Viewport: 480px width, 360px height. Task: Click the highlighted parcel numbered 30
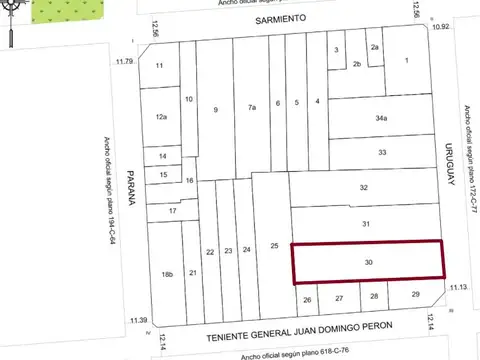368,262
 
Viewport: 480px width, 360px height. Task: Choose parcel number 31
366,224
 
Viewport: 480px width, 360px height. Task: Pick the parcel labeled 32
364,188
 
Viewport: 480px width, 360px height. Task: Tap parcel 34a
381,118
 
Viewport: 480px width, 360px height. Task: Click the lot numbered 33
382,152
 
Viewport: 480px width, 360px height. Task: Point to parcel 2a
375,47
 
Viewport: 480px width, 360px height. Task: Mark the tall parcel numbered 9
214,109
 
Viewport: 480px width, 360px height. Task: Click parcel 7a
252,106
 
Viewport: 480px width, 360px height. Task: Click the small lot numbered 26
308,299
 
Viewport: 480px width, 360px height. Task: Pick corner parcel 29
415,295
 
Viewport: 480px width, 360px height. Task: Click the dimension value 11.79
124,62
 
